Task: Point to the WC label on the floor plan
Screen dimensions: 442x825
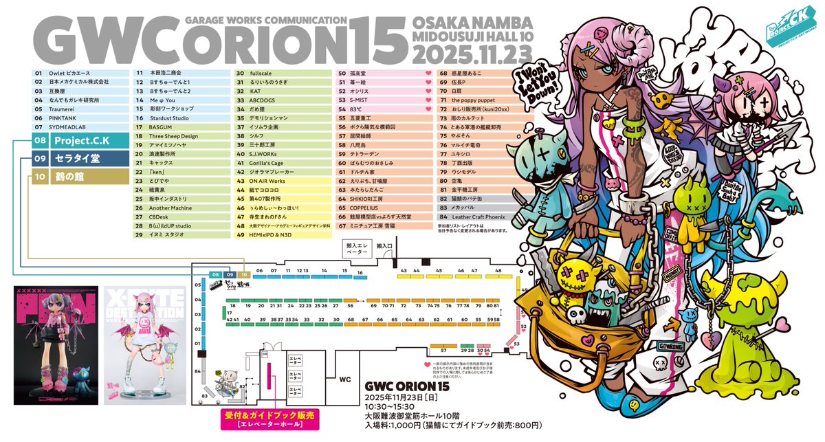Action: click(345, 378)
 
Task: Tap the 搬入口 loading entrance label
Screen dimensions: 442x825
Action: click(384, 245)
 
